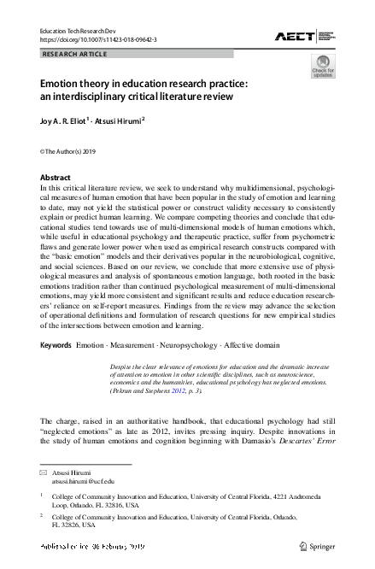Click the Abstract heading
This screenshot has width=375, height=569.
56,178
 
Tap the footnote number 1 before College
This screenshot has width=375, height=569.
42,495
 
